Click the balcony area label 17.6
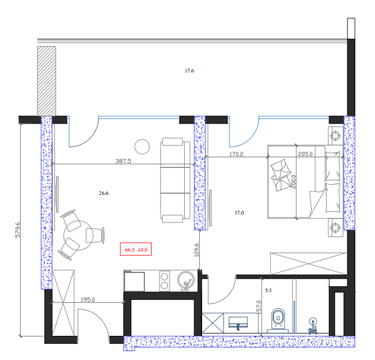(x=189, y=71)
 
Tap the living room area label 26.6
(x=103, y=193)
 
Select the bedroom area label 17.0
(x=239, y=212)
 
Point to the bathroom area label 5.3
(x=267, y=290)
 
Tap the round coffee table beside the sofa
(x=143, y=146)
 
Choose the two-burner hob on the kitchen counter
(x=165, y=281)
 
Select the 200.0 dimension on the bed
(x=293, y=182)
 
